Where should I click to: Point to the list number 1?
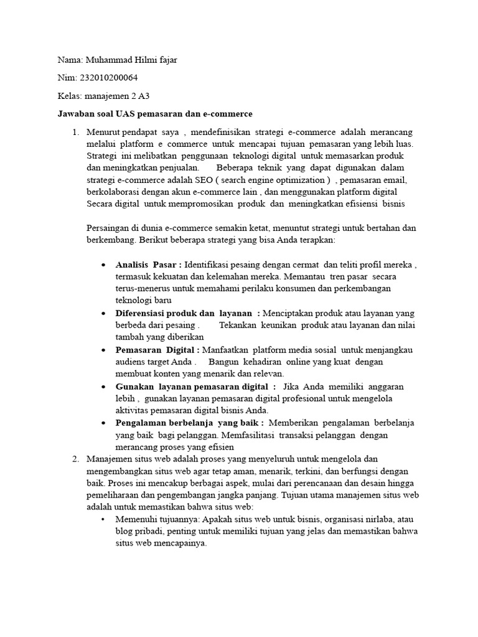click(75, 133)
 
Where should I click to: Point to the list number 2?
click(75, 458)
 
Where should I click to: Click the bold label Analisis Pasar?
click(148, 264)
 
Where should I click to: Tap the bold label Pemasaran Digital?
click(157, 350)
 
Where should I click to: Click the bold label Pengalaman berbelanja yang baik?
click(185, 423)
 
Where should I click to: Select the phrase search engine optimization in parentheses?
click(278, 180)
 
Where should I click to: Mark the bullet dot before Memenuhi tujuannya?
click(103, 519)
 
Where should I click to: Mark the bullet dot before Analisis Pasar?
click(103, 265)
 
